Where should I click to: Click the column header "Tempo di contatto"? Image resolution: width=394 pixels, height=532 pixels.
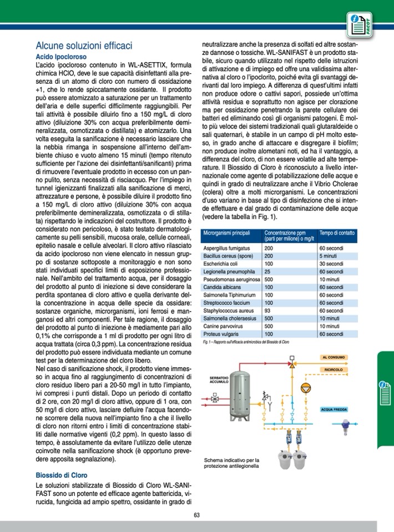[338, 234]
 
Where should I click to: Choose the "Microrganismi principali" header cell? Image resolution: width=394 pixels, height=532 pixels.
[228, 234]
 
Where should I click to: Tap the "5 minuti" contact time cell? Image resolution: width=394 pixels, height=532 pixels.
[329, 256]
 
